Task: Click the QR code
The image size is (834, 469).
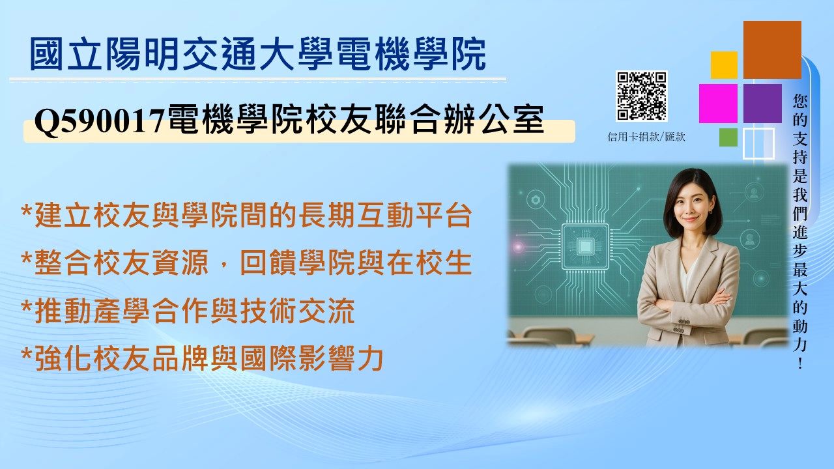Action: click(x=641, y=96)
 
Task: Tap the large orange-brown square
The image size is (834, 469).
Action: click(x=772, y=50)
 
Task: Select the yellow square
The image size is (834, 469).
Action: click(x=724, y=65)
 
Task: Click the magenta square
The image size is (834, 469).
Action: click(x=718, y=104)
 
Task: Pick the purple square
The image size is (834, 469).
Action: click(x=762, y=104)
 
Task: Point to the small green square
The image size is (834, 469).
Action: click(x=728, y=137)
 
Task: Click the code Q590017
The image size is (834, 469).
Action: click(x=100, y=121)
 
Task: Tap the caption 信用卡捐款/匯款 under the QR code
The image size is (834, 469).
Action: click(x=646, y=137)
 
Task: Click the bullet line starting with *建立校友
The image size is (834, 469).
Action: click(x=246, y=215)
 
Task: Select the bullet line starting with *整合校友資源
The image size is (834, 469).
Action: click(x=246, y=263)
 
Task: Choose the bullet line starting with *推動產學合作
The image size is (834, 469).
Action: click(x=188, y=311)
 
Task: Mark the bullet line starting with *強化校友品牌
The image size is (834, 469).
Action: click(x=202, y=358)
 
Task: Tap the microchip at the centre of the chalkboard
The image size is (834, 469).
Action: click(x=585, y=246)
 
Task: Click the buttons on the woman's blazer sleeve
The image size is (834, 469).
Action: click(x=680, y=326)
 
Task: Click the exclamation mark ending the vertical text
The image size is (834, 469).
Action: click(x=799, y=363)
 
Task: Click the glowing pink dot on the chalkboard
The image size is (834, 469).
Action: click(x=518, y=246)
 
